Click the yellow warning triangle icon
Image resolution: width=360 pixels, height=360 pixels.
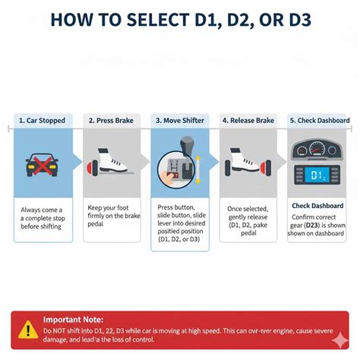point(27,329)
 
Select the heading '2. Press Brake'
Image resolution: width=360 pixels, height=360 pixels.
point(112,120)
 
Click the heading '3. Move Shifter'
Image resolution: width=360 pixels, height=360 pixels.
point(180,120)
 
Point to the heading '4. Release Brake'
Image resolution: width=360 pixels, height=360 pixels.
point(248,120)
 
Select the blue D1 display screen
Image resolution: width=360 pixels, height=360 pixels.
point(317,175)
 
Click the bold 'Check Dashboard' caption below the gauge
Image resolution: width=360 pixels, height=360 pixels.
point(317,205)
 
